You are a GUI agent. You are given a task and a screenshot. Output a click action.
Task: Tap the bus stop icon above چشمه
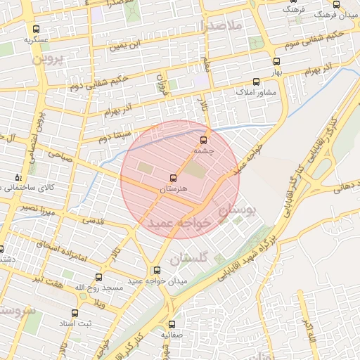pos(204,139)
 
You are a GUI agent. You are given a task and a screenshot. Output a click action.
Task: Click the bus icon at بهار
pos(276,61)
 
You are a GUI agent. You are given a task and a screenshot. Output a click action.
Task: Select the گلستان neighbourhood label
pos(210,257)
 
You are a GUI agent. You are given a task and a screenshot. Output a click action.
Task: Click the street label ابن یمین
pos(129,46)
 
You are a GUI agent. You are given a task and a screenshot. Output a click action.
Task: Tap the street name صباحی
pos(60,156)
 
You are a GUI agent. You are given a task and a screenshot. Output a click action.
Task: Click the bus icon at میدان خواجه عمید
pos(156,270)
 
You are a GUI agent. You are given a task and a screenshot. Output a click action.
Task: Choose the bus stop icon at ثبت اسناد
pos(75,313)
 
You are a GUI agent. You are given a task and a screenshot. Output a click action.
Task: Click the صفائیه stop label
pos(172,335)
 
